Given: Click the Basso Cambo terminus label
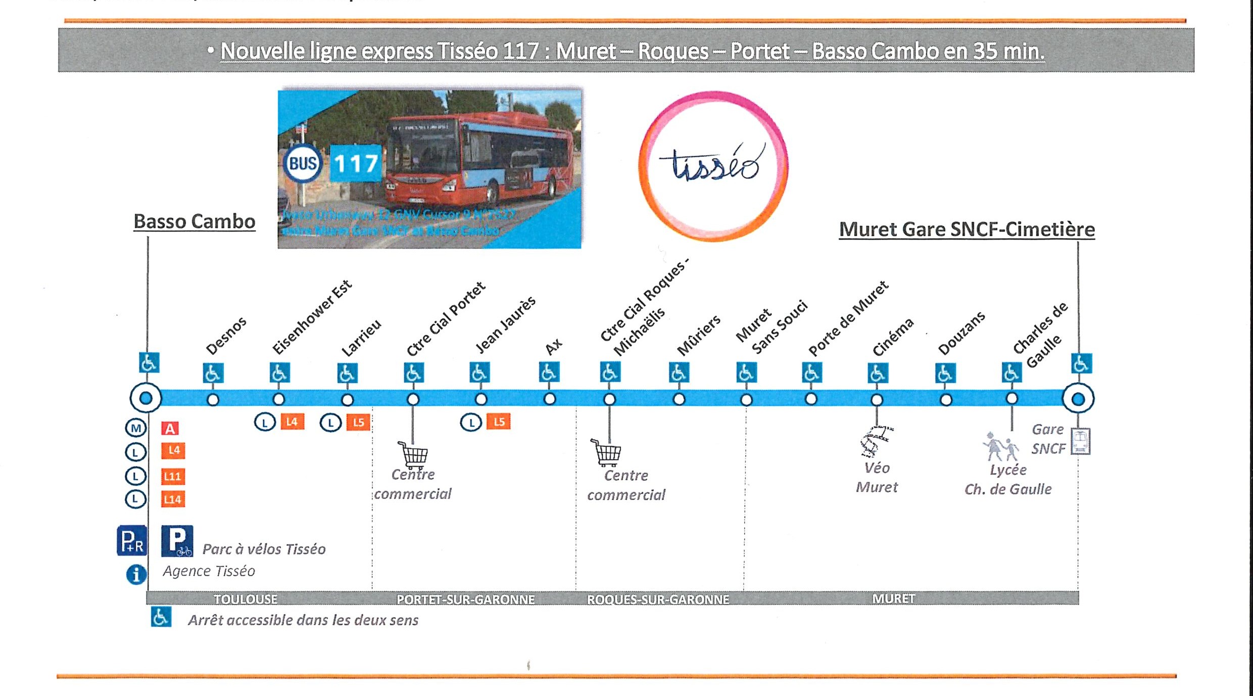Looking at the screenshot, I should pos(195,222).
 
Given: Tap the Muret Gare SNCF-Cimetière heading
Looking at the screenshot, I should pos(967,229).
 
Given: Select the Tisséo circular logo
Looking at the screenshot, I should pos(713,166).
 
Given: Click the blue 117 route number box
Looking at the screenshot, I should pos(356,163).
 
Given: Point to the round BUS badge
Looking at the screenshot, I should pos(302,163).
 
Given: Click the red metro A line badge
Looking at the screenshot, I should pos(170,429).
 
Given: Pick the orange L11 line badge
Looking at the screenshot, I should pos(173,476).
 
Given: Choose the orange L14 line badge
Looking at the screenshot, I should pos(173,499).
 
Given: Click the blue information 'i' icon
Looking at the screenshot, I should pos(136,575).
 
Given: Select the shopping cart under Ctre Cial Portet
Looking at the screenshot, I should pos(413,454).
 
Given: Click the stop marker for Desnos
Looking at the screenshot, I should pos(213,400).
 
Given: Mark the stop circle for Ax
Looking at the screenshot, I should pos(550,399).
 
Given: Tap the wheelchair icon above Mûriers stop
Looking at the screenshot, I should pos(679,373).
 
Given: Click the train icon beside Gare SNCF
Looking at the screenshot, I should pos(1081,441).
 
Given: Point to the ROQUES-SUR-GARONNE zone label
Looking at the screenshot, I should pos(658,599).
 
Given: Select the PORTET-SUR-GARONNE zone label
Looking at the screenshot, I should pos(465,599).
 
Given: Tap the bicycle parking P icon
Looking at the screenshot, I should pos(177,541).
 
